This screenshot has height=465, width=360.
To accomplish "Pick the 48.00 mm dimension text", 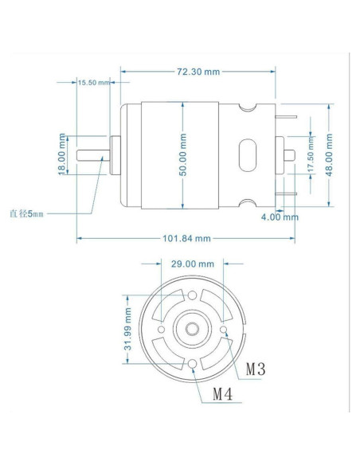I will pos(330,154).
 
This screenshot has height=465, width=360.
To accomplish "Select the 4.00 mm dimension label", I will pos(280,217).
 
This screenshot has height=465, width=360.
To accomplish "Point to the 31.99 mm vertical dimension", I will pos(128,328).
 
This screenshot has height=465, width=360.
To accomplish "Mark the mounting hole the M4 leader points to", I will pos(194,365).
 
